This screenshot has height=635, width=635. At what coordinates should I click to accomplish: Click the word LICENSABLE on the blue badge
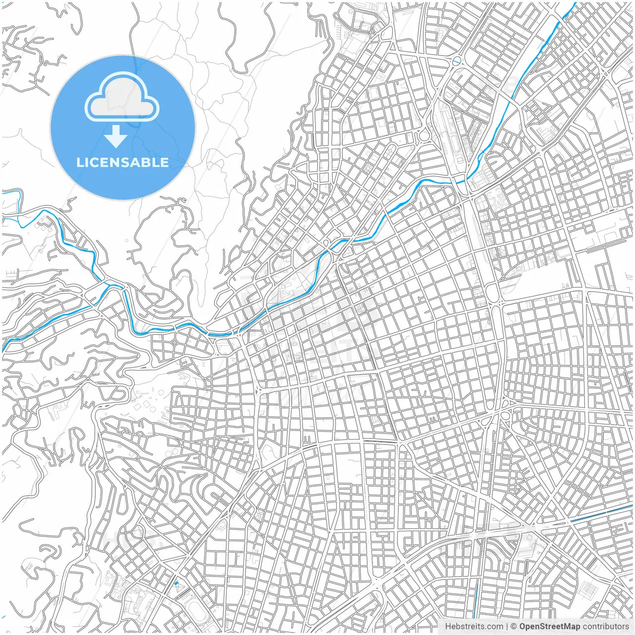(x=123, y=163)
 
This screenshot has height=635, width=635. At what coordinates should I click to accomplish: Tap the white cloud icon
(x=122, y=97)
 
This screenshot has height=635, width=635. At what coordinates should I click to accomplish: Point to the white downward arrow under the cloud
(x=116, y=136)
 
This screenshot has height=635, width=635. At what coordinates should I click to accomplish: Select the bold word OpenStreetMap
(x=550, y=627)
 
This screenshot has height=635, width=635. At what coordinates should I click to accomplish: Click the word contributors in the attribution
(x=605, y=627)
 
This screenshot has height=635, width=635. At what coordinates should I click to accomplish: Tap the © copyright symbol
(x=514, y=627)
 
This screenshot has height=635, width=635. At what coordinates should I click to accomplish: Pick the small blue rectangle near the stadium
(x=176, y=582)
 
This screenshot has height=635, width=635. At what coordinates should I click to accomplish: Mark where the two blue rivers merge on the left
(x=107, y=285)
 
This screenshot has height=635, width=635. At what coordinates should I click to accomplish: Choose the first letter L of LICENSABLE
(x=80, y=163)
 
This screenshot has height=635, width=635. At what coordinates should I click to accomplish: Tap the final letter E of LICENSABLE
(x=164, y=163)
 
